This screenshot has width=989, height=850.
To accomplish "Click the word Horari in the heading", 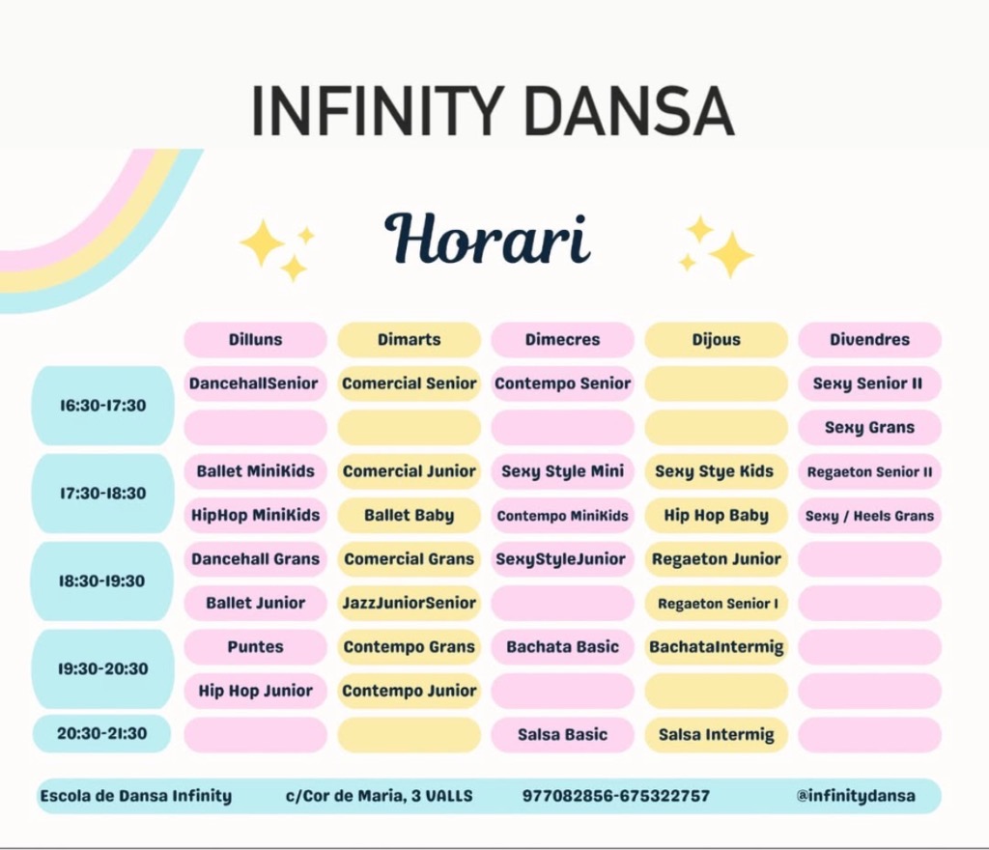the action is [487, 240].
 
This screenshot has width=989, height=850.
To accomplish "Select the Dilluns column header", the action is [255, 339].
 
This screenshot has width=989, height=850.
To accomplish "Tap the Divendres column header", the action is [870, 339].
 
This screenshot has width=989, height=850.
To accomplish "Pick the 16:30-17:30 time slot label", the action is [102, 406].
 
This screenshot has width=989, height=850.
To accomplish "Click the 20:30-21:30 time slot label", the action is [102, 733].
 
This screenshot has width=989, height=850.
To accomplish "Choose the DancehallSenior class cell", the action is [255, 383].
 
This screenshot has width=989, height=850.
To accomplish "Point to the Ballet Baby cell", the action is [410, 515].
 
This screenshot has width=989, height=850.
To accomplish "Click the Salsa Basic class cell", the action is [563, 735].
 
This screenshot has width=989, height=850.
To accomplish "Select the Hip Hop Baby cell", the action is [717, 515].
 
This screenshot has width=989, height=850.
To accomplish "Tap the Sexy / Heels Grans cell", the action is [870, 515].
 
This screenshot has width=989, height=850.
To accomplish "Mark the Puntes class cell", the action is [255, 647].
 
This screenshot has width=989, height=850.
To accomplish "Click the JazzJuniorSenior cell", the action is [410, 603].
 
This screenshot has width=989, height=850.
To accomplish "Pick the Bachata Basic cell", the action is [563, 647].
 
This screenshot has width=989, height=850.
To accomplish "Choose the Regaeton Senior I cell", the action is [717, 603].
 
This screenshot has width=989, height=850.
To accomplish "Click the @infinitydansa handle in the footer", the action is [856, 796].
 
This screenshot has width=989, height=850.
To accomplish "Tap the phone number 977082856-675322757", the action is [616, 796].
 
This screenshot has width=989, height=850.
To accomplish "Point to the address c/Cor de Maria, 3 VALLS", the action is [379, 796].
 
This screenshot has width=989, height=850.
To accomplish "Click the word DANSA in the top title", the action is [629, 111].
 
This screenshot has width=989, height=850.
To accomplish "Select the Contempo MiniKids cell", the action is [563, 515].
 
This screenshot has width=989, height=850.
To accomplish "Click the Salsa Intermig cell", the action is [717, 735].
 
